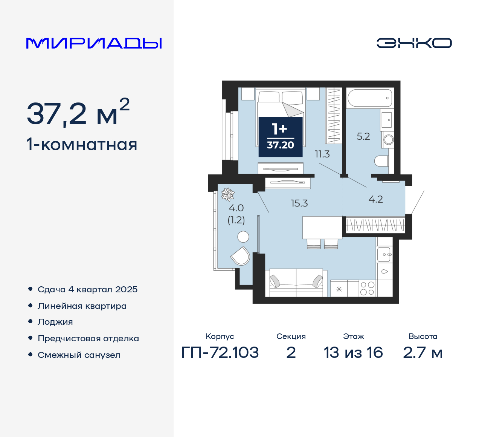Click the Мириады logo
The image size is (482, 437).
[94, 43]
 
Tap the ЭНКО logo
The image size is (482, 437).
[414, 43]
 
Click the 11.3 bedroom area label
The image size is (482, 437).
[322, 154]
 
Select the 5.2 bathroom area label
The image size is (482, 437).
[363, 136]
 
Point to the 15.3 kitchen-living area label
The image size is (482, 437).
[299, 203]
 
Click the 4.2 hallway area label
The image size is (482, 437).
[376, 199]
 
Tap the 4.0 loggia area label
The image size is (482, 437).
[236, 208]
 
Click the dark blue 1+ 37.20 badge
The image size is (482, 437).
[281, 137]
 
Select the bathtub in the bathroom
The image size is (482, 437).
[370, 98]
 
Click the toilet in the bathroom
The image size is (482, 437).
[382, 161]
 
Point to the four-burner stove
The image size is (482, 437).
[367, 288]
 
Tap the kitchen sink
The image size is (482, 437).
[384, 255]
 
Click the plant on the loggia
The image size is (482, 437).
[227, 194]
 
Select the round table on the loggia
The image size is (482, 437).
[243, 237]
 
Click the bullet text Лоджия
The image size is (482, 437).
[55, 322]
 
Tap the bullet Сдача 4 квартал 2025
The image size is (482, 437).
[87, 289]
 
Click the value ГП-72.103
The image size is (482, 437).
[220, 353]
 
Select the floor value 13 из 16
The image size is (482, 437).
[353, 353]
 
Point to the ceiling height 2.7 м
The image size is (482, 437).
[423, 353]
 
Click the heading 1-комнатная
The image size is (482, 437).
[82, 145]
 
